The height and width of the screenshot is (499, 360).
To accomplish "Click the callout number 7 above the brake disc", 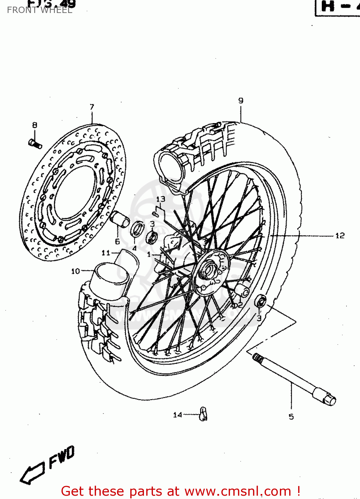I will point(92,107).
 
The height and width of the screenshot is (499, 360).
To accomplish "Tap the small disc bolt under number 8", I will point(35,144).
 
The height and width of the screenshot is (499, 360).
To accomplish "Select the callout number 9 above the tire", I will point(241,100).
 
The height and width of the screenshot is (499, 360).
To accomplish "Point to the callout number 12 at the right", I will point(340,236).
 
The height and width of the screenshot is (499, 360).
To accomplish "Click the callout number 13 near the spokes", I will point(161,199).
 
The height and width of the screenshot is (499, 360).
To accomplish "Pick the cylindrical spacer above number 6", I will point(119,219).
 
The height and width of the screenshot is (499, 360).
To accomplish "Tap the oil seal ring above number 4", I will point(137,229).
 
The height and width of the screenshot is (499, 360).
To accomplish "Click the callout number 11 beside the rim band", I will point(106,253).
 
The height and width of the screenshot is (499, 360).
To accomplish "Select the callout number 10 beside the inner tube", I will point(75,271).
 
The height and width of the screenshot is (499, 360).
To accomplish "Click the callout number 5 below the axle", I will point(291,416).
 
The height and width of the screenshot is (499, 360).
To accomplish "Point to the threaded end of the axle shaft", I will point(258,358).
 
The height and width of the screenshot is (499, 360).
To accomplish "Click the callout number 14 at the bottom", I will point(178,415).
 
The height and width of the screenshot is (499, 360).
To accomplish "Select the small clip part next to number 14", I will point(203,414).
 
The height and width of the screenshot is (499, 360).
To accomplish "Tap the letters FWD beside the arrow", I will point(62,457).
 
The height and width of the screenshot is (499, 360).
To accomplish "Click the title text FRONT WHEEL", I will point(39,10).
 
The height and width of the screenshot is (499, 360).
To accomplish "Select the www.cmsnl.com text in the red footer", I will point(237,491).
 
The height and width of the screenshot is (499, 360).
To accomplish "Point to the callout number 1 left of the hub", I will point(149,254).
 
